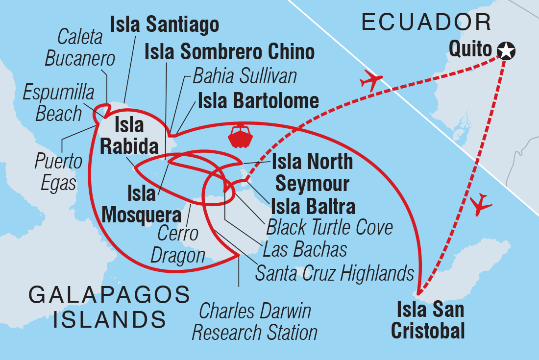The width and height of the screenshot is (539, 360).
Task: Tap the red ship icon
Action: pos(240,136)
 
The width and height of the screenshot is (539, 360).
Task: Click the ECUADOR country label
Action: pos(426,23)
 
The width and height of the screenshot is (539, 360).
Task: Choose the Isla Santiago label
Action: pos(164,24)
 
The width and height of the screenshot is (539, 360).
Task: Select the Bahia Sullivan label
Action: pos(245,76)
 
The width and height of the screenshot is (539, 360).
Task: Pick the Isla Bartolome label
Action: pos(258,101)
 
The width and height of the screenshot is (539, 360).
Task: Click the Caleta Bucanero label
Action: pos(80,48)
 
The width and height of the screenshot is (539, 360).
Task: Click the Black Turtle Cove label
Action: pos(329,227)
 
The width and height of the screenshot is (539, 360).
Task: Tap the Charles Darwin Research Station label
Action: pos(254,322)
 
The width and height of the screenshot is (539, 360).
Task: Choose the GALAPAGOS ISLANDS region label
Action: pos(109,307)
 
